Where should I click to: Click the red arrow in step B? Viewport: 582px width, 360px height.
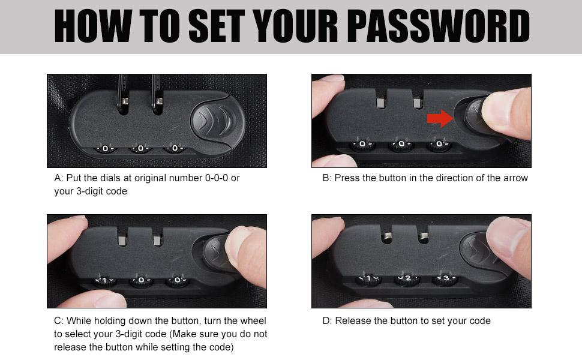pyautogui.click(x=440, y=118)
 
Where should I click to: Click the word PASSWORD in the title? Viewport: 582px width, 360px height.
pyautogui.click(x=439, y=26)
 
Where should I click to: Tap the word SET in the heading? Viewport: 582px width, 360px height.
pyautogui.click(x=217, y=26)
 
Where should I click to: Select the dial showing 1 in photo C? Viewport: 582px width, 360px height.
pyautogui.click(x=104, y=281)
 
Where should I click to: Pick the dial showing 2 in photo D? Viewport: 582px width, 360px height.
pyautogui.click(x=407, y=279)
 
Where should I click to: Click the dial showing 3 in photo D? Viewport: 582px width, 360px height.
pyautogui.click(x=445, y=279)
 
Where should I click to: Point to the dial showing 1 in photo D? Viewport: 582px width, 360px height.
pyautogui.click(x=368, y=279)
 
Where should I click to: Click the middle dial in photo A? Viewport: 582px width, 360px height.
pyautogui.click(x=140, y=149)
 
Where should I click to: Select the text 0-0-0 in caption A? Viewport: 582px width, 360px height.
pyautogui.click(x=217, y=178)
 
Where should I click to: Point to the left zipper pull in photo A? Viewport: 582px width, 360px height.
pyautogui.click(x=123, y=94)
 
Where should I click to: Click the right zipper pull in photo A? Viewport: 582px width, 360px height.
pyautogui.click(x=157, y=94)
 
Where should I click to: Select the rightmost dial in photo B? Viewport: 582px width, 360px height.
pyautogui.click(x=439, y=145)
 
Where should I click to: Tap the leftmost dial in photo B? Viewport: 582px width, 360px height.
pyautogui.click(x=362, y=145)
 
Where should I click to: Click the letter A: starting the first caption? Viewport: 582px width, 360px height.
pyautogui.click(x=58, y=178)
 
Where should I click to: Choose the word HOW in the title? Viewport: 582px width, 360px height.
pyautogui.click(x=93, y=26)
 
